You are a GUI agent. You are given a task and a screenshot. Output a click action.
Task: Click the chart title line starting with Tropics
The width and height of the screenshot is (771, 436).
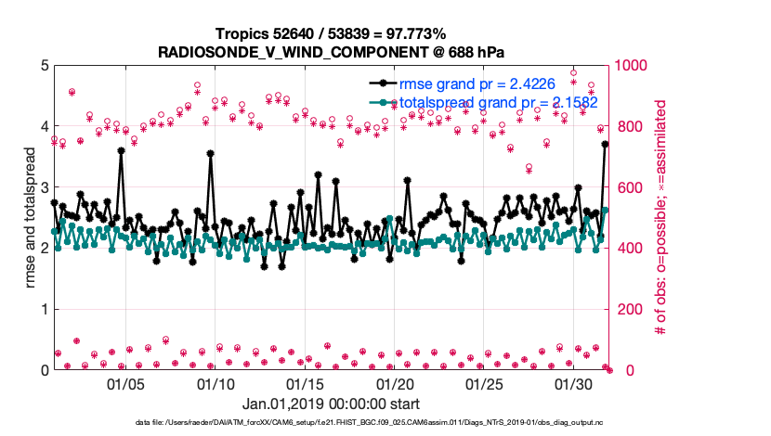click(x=330, y=34)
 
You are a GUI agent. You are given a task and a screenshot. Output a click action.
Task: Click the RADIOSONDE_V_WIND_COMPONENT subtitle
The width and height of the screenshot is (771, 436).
click(x=330, y=50)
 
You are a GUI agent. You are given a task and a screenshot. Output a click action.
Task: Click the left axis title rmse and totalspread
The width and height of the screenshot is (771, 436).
click(x=30, y=218)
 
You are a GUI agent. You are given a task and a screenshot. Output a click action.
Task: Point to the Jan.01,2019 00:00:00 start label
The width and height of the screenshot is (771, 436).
click(x=331, y=404)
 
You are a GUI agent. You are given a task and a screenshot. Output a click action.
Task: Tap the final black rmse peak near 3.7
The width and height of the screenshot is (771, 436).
click(x=605, y=144)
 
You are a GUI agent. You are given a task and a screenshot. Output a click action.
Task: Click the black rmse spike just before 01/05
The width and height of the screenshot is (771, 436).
click(x=122, y=150)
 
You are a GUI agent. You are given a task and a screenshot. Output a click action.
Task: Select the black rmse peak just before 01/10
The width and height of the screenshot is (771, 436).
click(x=211, y=154)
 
